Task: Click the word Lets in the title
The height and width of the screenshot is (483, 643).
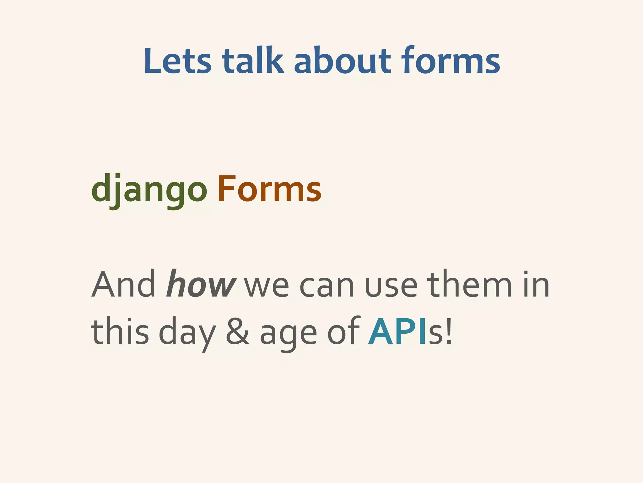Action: [x=177, y=61]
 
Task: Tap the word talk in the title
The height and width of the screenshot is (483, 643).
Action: [x=252, y=61]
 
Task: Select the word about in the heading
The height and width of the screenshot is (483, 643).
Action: [x=342, y=61]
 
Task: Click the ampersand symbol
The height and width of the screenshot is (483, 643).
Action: [x=237, y=331]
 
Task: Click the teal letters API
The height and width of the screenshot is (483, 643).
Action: [x=397, y=331]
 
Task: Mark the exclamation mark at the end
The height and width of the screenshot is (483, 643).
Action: [x=449, y=331]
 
